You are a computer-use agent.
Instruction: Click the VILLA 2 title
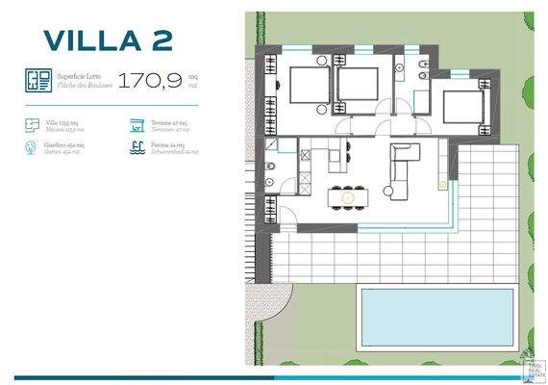(107, 39)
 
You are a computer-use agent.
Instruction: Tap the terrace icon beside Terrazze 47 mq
(137, 124)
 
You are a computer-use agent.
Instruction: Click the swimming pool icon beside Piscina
(137, 148)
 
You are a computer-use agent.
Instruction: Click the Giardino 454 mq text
(68, 148)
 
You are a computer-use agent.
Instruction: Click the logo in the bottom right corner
(531, 368)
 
